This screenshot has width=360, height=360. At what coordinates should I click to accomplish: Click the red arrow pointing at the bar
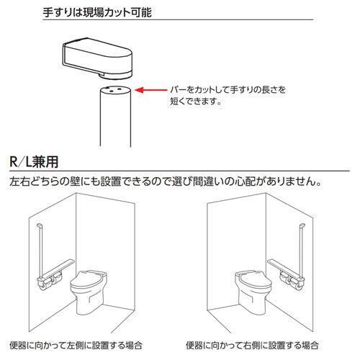pyautogui.click(x=150, y=91)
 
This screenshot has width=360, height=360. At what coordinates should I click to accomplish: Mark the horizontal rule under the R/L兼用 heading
pyautogui.click(x=180, y=168)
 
